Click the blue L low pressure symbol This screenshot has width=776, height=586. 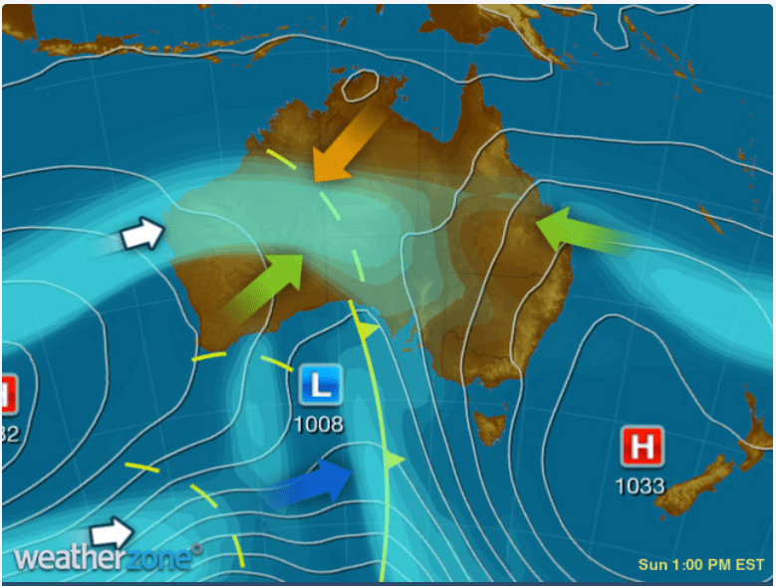(319, 384)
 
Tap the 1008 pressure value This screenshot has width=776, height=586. (319, 425)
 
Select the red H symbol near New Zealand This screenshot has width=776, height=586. (643, 447)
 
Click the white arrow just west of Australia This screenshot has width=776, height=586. (141, 236)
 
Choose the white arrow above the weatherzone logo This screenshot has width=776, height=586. (112, 531)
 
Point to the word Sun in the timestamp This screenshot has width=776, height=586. (652, 565)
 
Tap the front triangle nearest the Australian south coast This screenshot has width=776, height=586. (368, 329)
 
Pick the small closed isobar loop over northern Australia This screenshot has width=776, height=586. (360, 87)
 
